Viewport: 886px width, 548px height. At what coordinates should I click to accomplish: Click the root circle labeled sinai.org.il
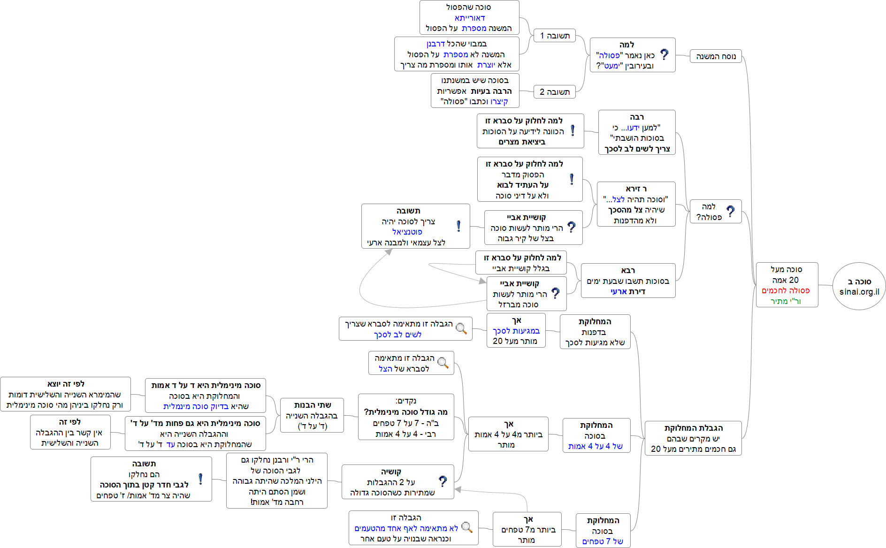pos(859,286)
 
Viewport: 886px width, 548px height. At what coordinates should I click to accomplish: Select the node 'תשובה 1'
pos(555,36)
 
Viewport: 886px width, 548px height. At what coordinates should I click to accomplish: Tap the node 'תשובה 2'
pos(555,91)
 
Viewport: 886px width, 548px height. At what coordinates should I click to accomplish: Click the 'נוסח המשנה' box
pos(716,56)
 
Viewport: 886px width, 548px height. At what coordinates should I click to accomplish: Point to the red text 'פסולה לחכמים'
pos(786,290)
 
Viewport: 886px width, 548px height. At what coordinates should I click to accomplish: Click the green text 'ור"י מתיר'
pos(786,301)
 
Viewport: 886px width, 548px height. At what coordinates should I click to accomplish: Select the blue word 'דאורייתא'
pos(470,18)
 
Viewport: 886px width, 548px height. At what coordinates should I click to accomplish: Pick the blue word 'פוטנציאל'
pos(407,232)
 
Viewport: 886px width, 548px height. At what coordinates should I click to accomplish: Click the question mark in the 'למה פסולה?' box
pos(731,211)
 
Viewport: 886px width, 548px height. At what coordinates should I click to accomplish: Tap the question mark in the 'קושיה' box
pos(443,481)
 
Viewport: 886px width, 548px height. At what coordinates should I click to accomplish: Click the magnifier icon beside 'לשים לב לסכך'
pos(461,328)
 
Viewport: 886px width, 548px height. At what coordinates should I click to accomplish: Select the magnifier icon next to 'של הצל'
pos(443,362)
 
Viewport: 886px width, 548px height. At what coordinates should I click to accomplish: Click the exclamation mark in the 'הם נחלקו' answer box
pos(201,479)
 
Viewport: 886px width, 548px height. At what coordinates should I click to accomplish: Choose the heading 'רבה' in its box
pos(637,117)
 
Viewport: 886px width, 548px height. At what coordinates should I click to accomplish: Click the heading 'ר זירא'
pos(636,189)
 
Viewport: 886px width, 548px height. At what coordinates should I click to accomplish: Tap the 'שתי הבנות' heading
pos(313,405)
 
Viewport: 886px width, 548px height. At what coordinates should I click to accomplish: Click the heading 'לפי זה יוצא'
pos(66,384)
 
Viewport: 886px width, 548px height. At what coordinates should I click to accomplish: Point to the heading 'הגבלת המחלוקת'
pos(694,428)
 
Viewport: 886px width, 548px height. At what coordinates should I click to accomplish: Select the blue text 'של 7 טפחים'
pos(603,541)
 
